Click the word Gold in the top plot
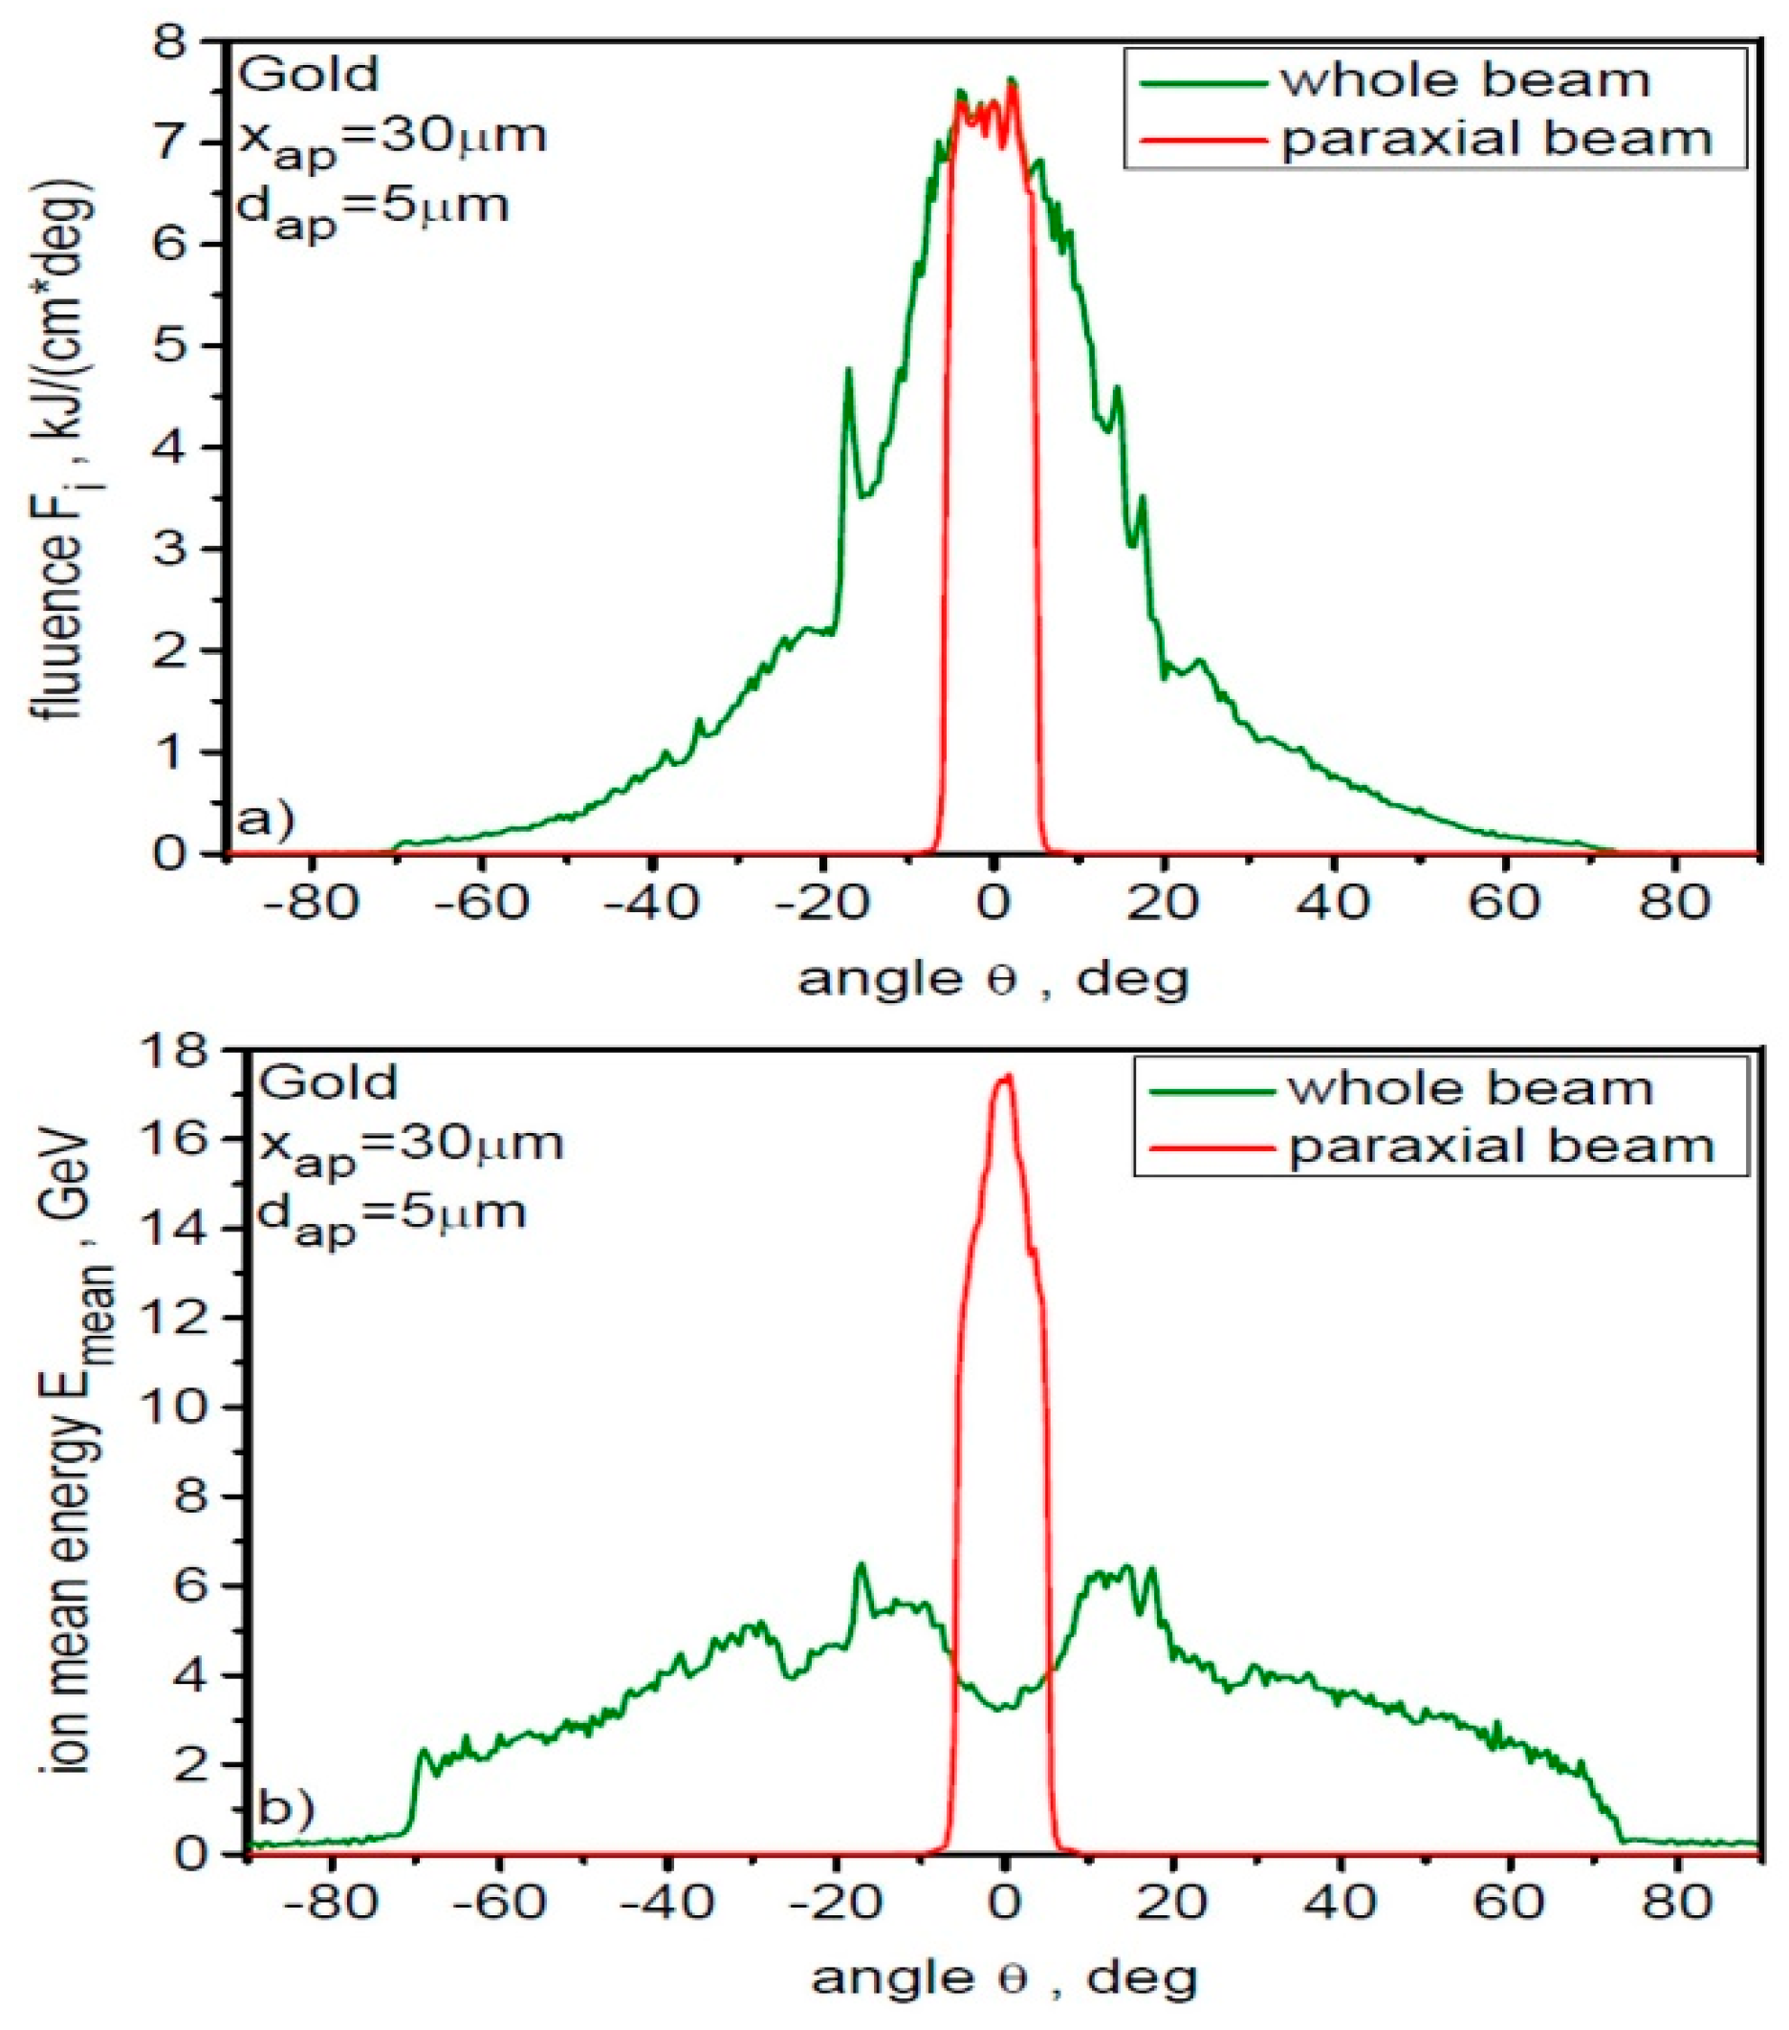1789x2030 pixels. click(310, 75)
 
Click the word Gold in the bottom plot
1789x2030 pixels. click(328, 1081)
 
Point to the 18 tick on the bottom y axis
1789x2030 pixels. click(198, 1050)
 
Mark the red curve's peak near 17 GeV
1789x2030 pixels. click(1005, 1077)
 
